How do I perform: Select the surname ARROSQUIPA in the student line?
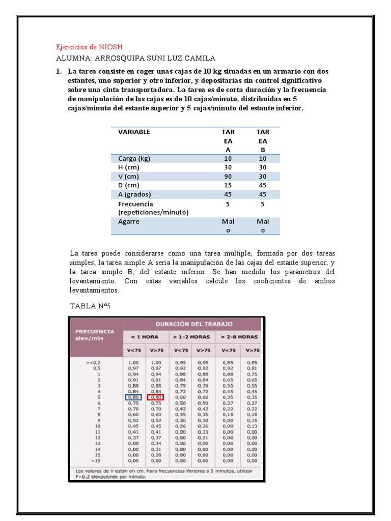tap(118, 58)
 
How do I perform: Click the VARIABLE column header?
tap(134, 132)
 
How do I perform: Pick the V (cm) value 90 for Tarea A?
tap(228, 176)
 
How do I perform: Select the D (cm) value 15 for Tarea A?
tap(228, 185)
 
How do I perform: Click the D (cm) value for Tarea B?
tap(263, 185)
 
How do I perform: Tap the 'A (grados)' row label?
tap(134, 194)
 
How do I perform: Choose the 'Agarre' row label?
tap(129, 221)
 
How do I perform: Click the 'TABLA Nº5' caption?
tap(90, 306)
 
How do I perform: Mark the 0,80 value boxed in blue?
tap(134, 397)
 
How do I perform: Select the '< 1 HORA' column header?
tap(145, 336)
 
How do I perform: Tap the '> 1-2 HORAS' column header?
tap(191, 336)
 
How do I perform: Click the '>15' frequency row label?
tap(95, 460)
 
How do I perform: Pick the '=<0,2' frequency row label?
tap(94, 362)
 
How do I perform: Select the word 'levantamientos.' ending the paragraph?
tap(94, 290)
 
